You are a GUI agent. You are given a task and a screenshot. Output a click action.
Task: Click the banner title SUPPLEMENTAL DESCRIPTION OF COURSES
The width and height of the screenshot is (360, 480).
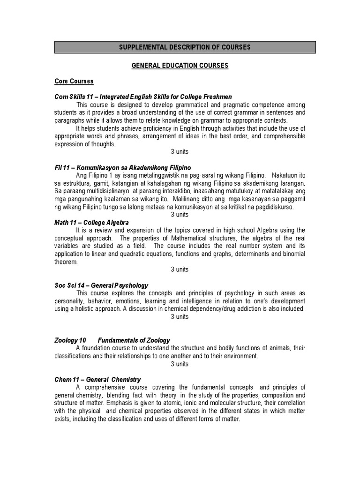tap(185, 47)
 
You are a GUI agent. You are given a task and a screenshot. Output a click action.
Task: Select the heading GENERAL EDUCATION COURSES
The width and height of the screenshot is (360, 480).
tap(180, 66)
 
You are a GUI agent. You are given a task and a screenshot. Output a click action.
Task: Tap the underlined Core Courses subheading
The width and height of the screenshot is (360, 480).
tap(74, 82)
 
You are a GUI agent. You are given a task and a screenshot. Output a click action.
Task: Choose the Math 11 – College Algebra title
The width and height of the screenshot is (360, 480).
tap(91, 222)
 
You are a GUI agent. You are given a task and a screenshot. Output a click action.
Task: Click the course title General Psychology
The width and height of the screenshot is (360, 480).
tap(120, 285)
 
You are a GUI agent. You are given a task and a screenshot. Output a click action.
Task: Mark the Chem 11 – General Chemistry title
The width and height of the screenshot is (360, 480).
tap(97, 379)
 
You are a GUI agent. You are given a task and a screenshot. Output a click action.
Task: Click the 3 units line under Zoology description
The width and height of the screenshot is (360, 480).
tap(180, 364)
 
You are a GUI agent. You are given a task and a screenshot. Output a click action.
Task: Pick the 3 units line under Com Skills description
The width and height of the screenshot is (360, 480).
tap(180, 152)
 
